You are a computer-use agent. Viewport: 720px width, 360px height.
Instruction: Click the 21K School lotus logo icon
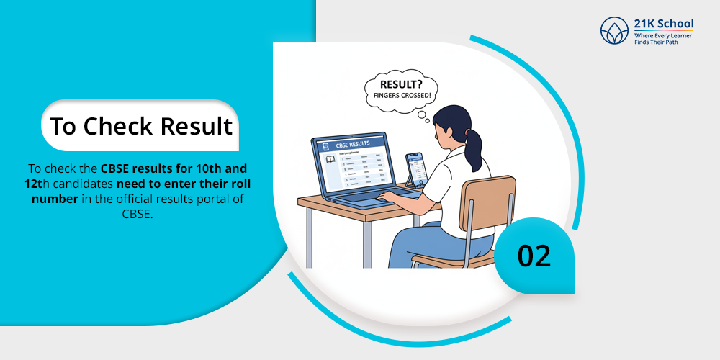point(614,31)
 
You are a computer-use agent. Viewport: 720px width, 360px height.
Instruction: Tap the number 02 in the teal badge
point(534,256)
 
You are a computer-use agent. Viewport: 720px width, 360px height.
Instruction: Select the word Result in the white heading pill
point(197,126)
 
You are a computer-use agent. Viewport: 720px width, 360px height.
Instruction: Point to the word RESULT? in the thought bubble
point(400,85)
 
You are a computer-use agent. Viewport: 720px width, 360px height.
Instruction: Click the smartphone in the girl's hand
point(415,170)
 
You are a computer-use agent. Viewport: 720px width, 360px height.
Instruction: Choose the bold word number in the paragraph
point(55,198)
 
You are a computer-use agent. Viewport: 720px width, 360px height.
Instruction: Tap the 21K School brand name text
point(663,24)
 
